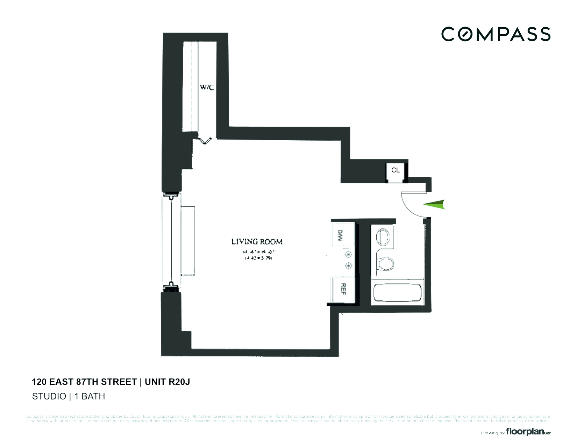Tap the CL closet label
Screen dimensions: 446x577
(x=396, y=170)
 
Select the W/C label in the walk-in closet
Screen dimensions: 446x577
(x=207, y=87)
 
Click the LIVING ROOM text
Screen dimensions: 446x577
(x=257, y=241)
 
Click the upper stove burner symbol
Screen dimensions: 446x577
(x=348, y=254)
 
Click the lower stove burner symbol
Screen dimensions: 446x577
(x=348, y=266)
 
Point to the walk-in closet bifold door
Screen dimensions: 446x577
(x=205, y=140)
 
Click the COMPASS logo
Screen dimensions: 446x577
(x=496, y=34)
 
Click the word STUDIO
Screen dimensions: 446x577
(x=49, y=396)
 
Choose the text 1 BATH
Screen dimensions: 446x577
(x=90, y=396)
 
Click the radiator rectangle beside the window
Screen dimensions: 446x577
(x=187, y=241)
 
